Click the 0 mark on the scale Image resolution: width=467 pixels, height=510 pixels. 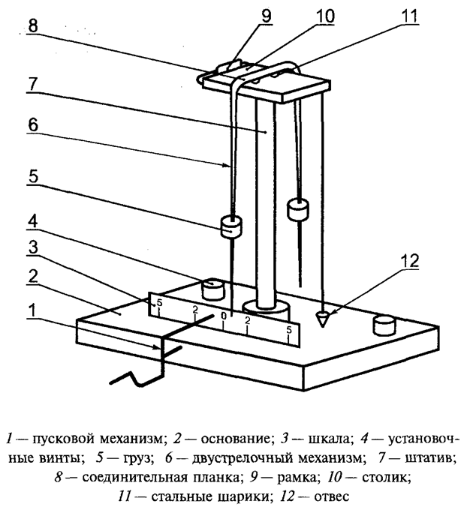click(x=223, y=316)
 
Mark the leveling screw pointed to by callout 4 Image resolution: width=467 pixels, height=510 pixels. click(x=214, y=288)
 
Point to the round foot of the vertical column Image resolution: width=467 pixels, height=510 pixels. click(x=267, y=308)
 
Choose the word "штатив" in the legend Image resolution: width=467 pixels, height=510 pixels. click(x=430, y=457)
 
